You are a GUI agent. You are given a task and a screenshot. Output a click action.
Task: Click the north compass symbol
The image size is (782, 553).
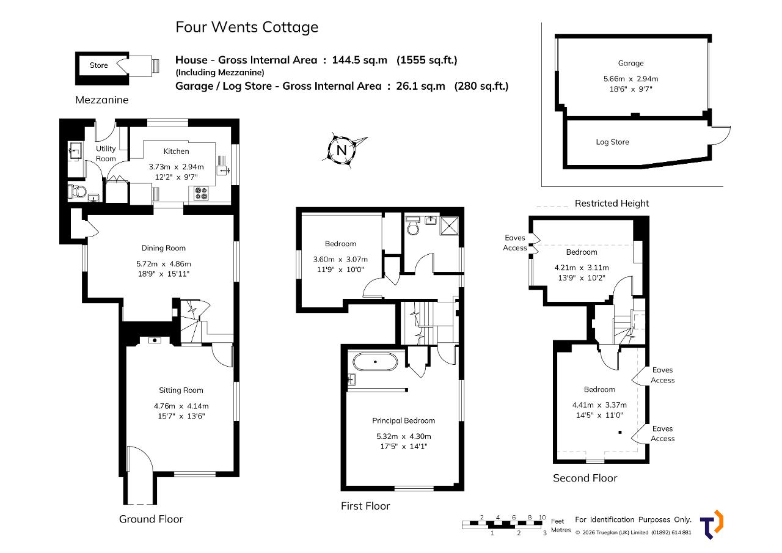click(342, 150)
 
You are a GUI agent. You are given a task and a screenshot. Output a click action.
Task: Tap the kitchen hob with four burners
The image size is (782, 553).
click(202, 194)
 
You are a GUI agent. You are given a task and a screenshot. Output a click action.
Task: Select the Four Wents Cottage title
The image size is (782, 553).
click(247, 27)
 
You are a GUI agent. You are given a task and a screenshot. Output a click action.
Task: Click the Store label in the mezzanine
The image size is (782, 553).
click(99, 65)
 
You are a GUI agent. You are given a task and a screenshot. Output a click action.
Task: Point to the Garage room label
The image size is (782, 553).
click(631, 63)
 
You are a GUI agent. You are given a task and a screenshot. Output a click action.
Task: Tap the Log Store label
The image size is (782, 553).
click(612, 142)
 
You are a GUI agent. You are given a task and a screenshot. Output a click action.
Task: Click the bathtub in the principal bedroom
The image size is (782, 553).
click(375, 362)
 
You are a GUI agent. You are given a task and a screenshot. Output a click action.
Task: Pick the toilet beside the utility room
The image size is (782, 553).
click(77, 191)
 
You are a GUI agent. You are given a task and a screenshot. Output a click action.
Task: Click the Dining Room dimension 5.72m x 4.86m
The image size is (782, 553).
click(164, 264)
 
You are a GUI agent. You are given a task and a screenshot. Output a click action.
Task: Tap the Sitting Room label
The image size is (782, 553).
click(181, 390)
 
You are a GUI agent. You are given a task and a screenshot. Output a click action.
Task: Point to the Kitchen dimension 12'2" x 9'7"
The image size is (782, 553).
click(177, 177)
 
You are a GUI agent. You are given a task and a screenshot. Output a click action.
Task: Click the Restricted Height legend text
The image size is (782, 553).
click(612, 203)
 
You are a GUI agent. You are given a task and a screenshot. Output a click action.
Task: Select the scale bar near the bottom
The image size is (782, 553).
click(504, 525)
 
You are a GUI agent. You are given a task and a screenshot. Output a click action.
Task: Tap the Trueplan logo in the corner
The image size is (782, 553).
click(712, 525)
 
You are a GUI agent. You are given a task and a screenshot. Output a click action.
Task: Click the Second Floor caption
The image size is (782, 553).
click(585, 478)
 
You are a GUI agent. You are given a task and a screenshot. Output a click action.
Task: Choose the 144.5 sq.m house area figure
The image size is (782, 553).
click(360, 60)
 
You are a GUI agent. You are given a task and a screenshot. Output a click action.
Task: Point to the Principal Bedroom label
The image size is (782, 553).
click(404, 420)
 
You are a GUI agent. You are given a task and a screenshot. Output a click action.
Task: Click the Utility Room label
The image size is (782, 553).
click(106, 153)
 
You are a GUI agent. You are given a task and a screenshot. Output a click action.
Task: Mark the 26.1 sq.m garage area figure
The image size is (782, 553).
click(420, 86)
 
